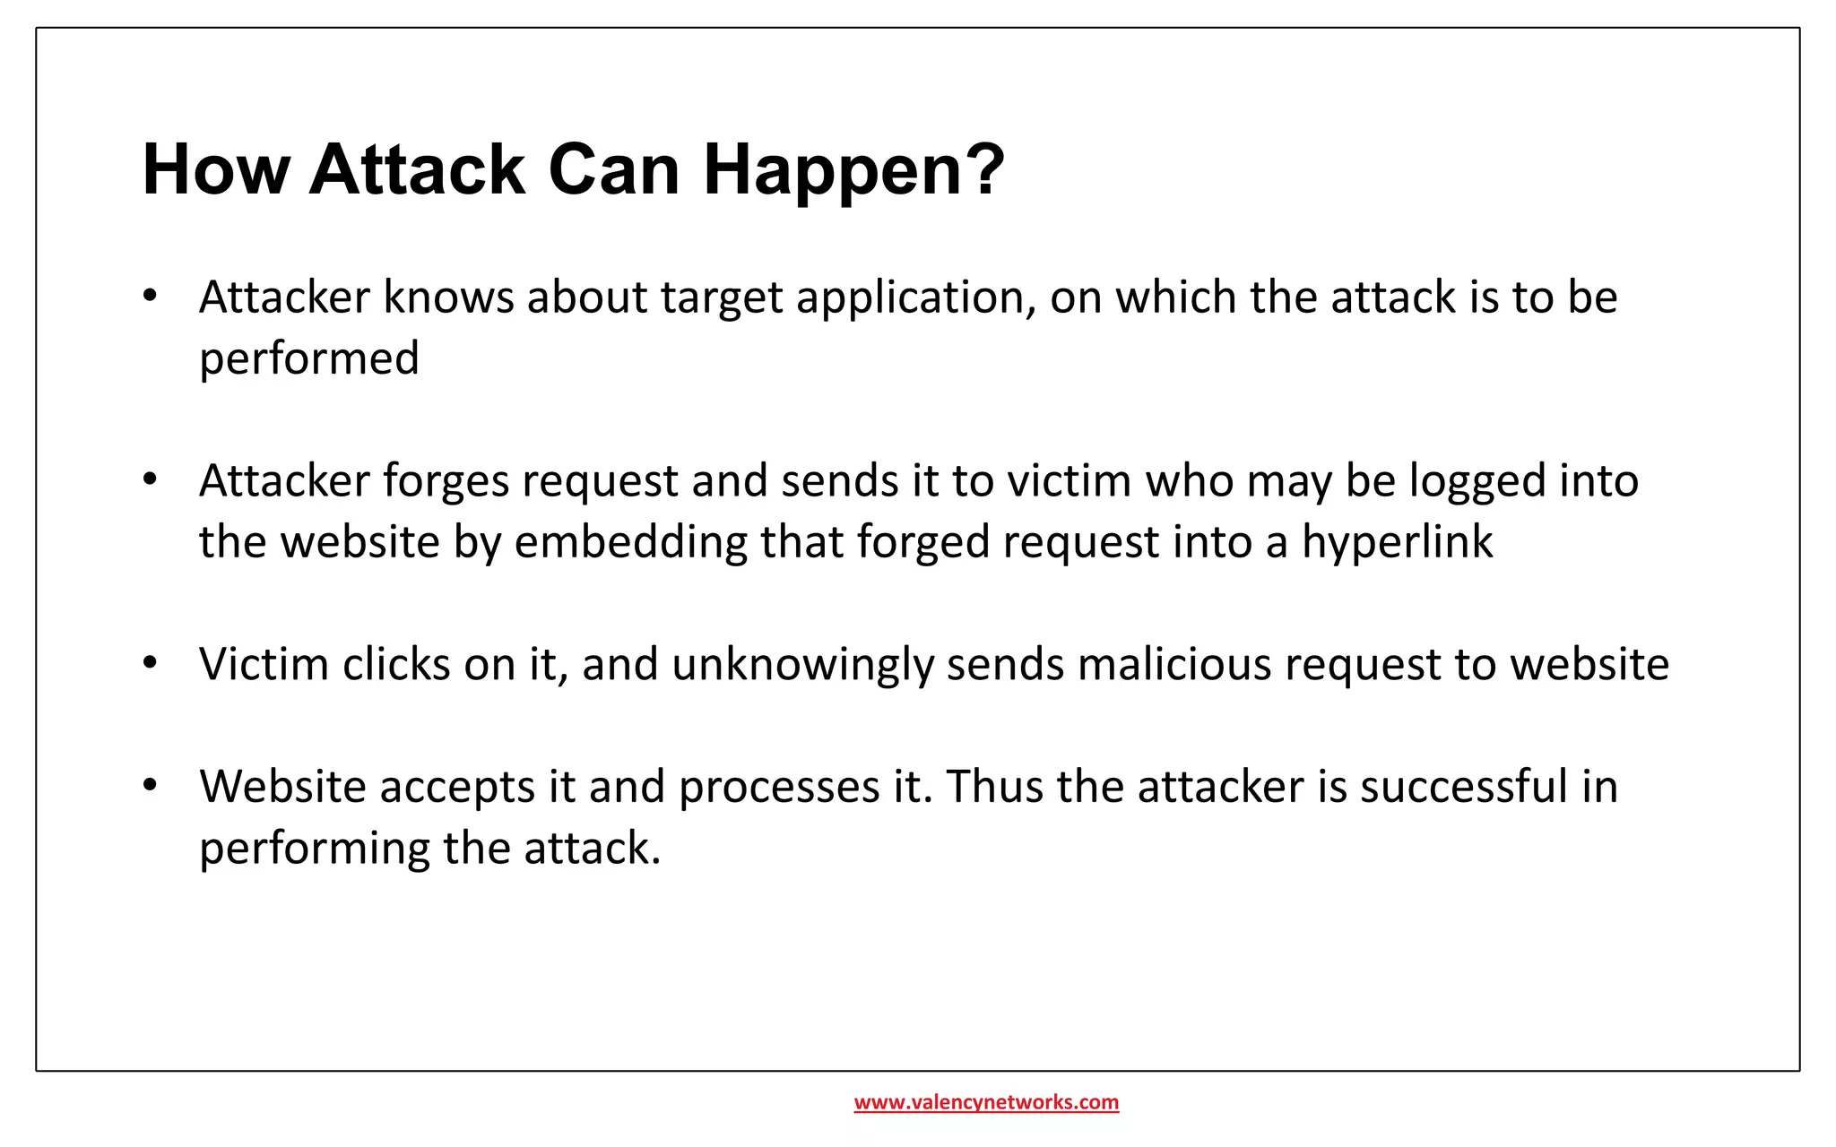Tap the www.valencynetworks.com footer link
coord(986,1102)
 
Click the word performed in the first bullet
coord(309,359)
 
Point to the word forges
coord(446,482)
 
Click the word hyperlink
coord(1397,543)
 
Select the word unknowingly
coord(802,666)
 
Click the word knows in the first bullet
coord(448,298)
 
